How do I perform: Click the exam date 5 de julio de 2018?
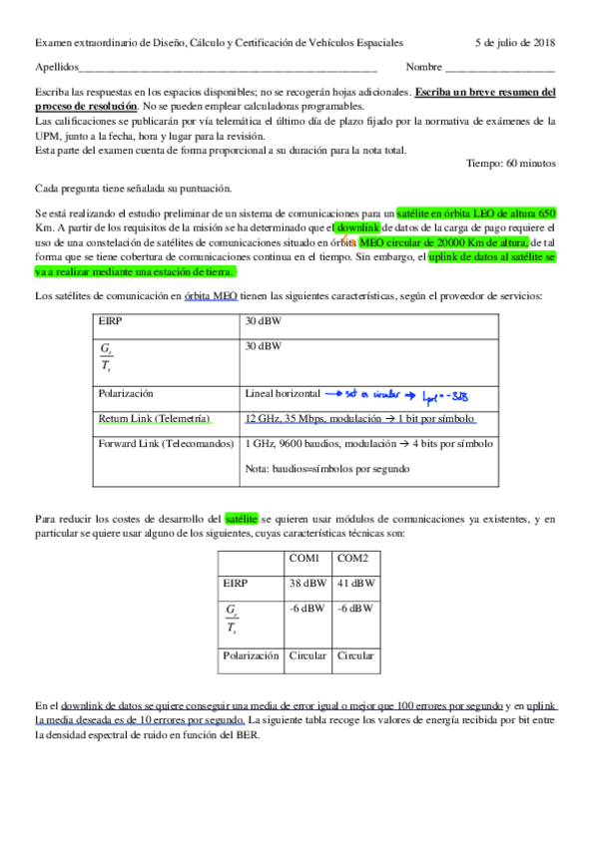(x=516, y=43)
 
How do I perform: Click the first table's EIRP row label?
(x=111, y=322)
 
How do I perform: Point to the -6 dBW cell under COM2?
(x=356, y=607)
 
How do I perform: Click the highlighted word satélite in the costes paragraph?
(x=242, y=519)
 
